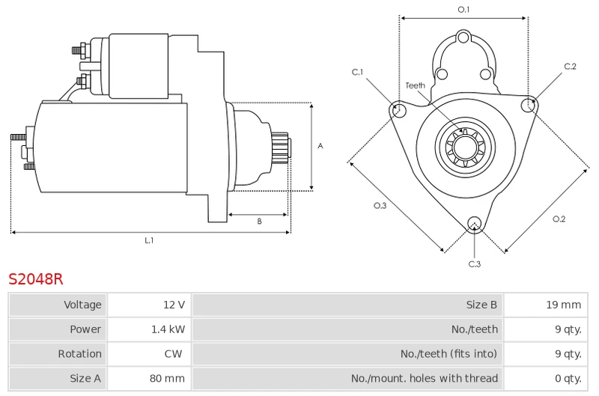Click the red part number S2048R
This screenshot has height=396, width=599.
(x=35, y=279)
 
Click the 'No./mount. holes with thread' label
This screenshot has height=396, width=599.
(x=425, y=379)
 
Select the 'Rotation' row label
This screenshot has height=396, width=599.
(x=80, y=354)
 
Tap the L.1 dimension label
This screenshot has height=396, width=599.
(x=149, y=240)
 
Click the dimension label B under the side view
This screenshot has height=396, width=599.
(x=259, y=221)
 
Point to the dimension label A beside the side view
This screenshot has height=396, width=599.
(x=320, y=146)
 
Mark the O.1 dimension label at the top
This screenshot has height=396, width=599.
(x=463, y=10)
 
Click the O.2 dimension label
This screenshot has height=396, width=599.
(x=559, y=219)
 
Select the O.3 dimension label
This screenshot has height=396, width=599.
(x=380, y=205)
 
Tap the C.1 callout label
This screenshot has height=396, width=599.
(x=357, y=72)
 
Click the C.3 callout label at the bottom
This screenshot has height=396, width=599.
(x=475, y=264)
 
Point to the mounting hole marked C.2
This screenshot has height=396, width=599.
(x=529, y=105)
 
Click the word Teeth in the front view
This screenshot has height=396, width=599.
(x=416, y=85)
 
